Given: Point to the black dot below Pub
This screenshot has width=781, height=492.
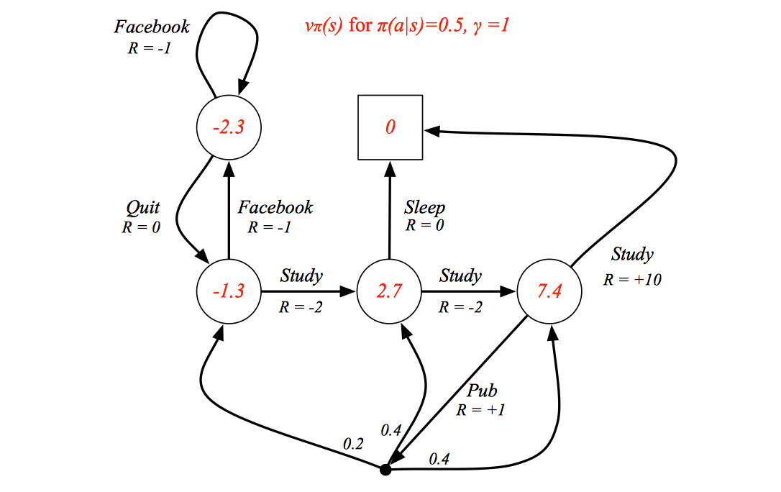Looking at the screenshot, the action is click(x=385, y=470).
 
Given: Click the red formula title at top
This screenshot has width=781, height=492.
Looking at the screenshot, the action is click(x=407, y=25).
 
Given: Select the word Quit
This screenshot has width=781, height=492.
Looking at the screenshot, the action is click(x=143, y=208).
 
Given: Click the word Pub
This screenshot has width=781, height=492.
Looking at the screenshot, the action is click(x=482, y=391).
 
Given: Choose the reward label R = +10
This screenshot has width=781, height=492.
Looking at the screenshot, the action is click(x=632, y=279).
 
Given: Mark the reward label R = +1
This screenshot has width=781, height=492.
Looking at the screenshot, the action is click(x=480, y=410).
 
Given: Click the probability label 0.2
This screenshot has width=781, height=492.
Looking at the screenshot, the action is click(x=353, y=444).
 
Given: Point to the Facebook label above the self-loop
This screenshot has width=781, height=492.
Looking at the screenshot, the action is click(x=152, y=27).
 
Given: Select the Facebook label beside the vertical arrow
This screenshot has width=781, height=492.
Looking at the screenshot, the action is click(x=275, y=207).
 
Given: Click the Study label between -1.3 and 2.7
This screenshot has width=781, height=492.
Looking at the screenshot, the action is click(x=301, y=276).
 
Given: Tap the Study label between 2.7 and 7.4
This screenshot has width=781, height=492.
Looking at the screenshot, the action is click(x=460, y=276).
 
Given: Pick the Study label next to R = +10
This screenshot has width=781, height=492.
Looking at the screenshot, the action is click(x=632, y=255).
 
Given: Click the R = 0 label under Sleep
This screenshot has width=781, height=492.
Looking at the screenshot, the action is click(x=424, y=226).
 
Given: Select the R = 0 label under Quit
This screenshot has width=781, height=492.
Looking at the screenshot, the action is click(x=141, y=227).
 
